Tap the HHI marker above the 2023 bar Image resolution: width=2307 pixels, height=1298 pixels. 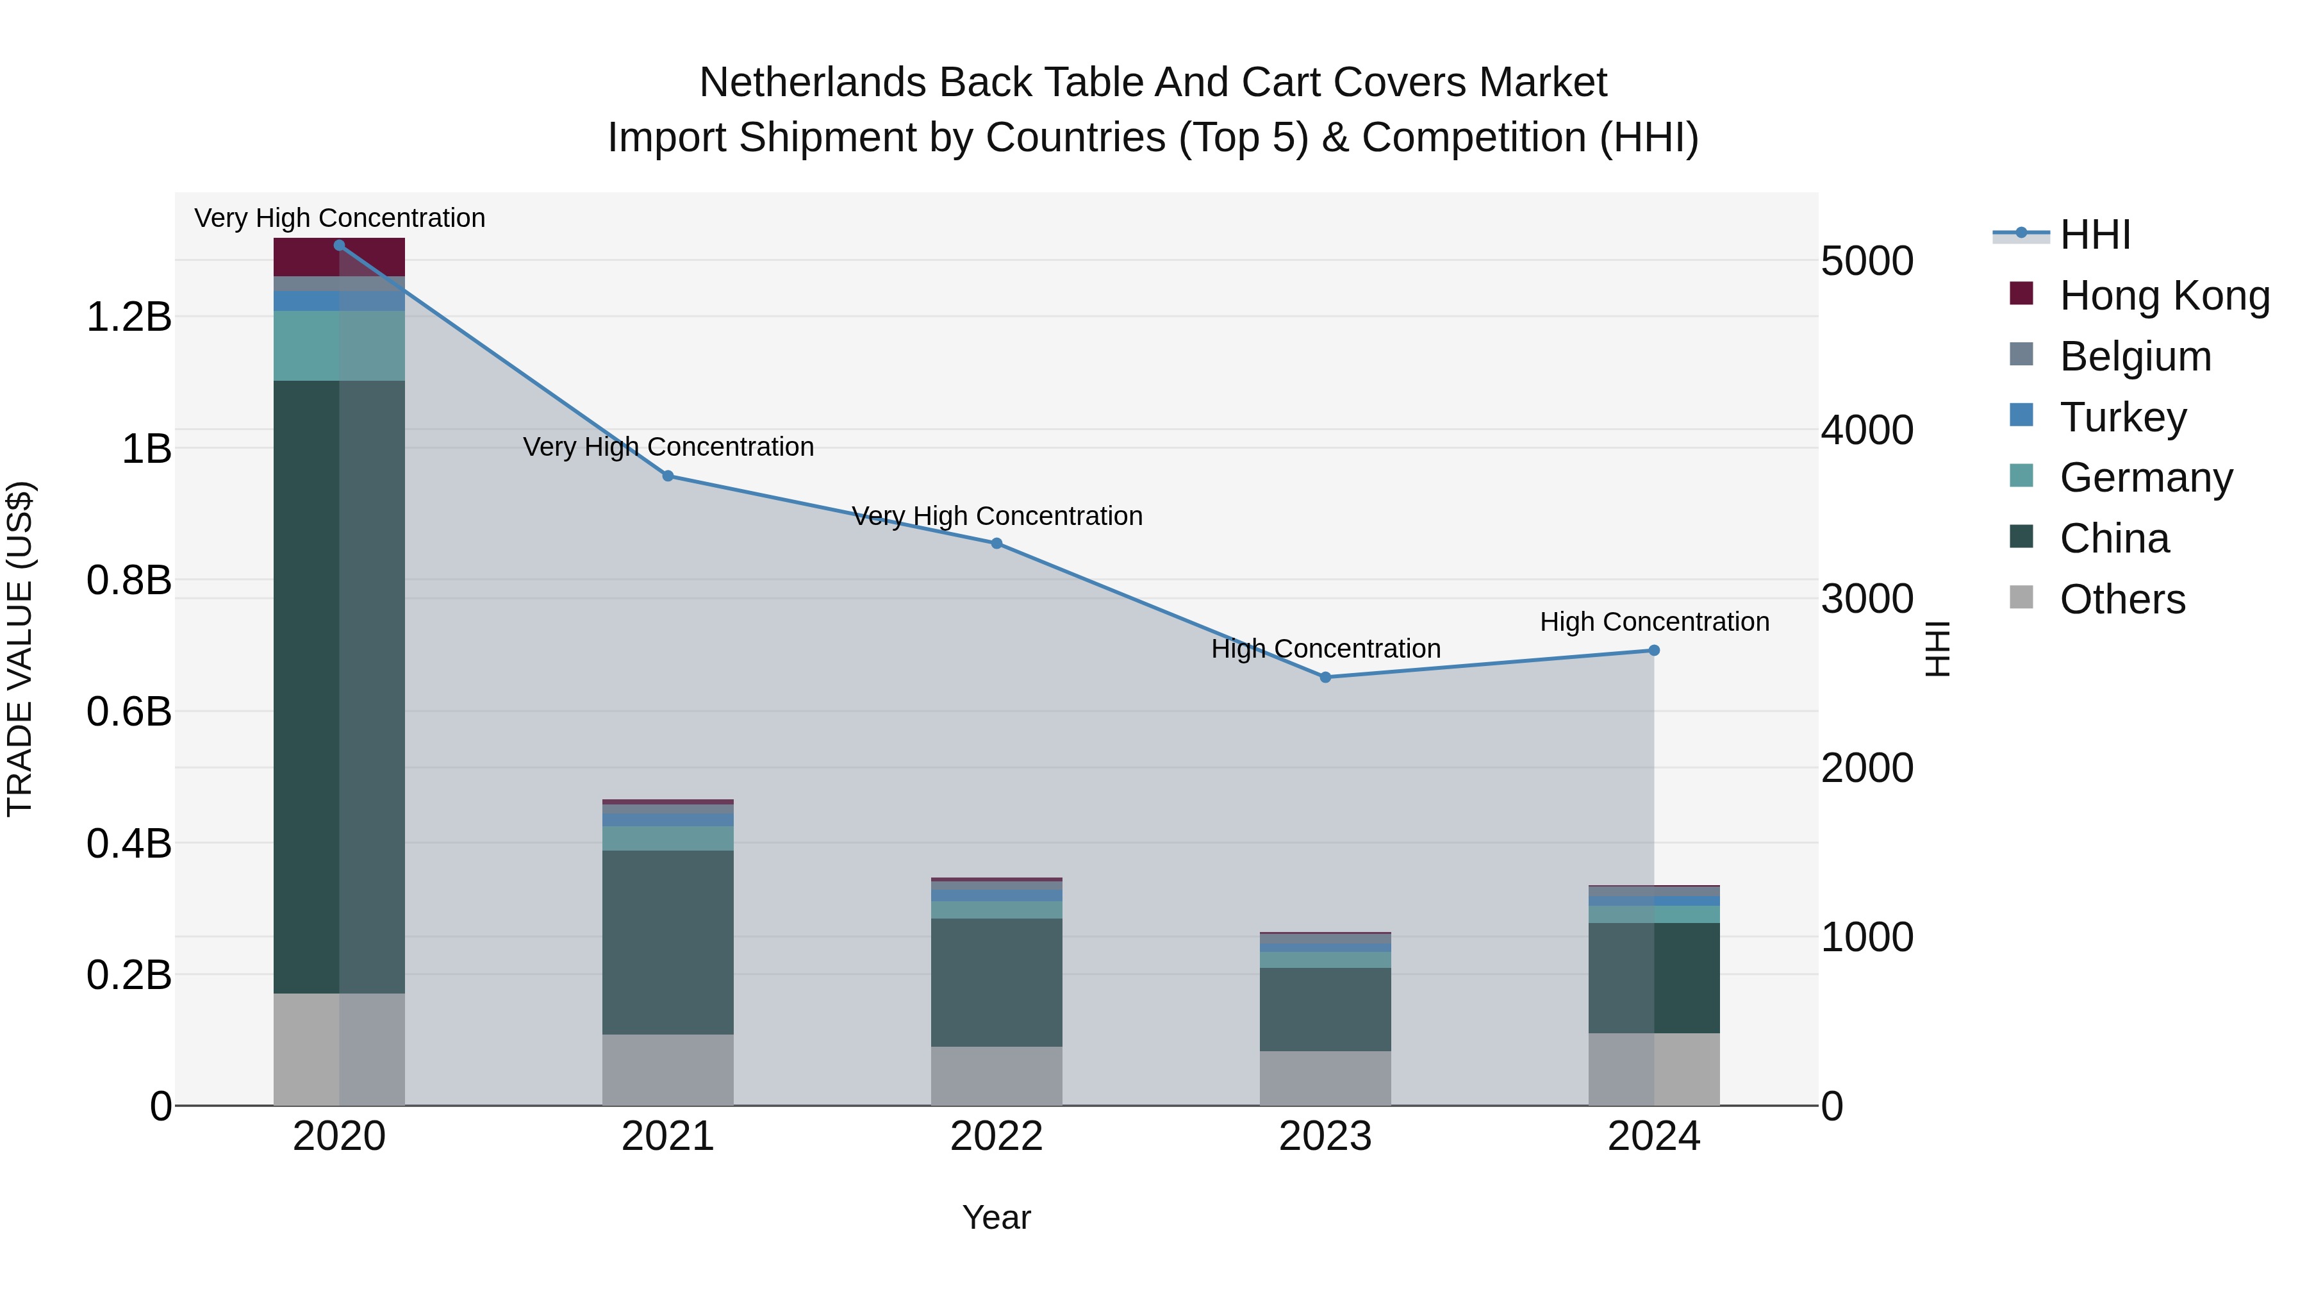pos(1325,678)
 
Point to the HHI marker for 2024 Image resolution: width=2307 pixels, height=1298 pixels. pos(1654,651)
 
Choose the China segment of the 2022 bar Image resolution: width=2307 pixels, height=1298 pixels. pos(996,982)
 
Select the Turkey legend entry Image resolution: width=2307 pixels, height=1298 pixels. pos(2122,417)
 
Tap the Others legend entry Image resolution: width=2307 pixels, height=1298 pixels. pos(2122,599)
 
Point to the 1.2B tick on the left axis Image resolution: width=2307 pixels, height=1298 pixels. pos(128,317)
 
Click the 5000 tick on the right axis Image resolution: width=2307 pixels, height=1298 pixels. pos(1867,262)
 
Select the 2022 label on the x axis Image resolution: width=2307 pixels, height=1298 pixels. pos(996,1136)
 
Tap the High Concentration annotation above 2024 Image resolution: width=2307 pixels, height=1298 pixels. pos(1654,622)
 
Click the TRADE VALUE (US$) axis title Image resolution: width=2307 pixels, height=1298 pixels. pos(20,649)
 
